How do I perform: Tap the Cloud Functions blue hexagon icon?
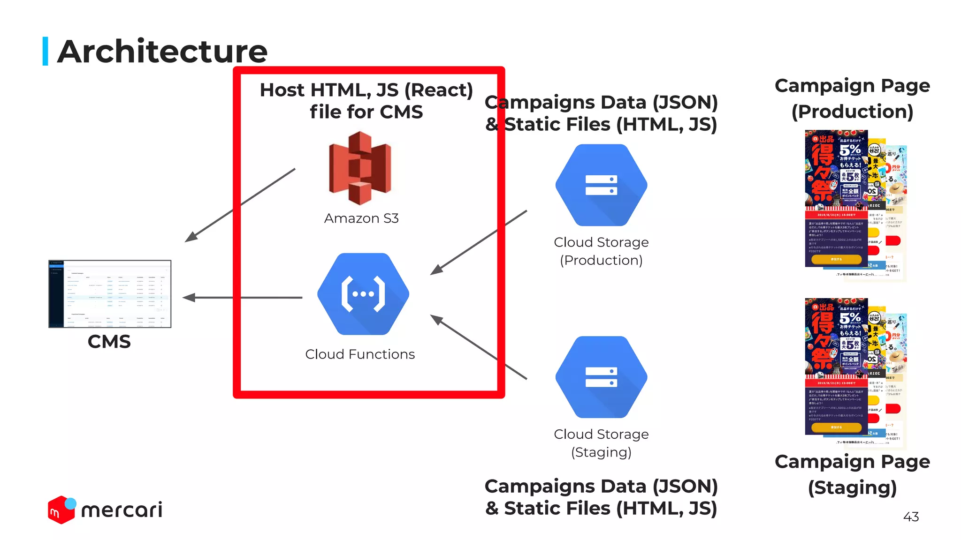(363, 294)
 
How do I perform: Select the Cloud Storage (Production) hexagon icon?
(601, 185)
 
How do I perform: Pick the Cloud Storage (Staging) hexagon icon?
(601, 377)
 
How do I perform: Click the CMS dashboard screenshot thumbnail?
(110, 294)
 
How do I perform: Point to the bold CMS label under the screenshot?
(109, 342)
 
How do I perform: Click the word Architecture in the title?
(162, 52)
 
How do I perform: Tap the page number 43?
(911, 517)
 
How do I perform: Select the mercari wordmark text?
(122, 510)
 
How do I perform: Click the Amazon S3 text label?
(361, 218)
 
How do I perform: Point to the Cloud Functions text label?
(360, 354)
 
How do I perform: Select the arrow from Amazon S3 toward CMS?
(239, 205)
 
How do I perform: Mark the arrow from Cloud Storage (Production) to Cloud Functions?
(479, 242)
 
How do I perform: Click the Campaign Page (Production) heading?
(852, 98)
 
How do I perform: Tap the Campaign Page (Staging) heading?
(852, 474)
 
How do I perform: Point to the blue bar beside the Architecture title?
(46, 51)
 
